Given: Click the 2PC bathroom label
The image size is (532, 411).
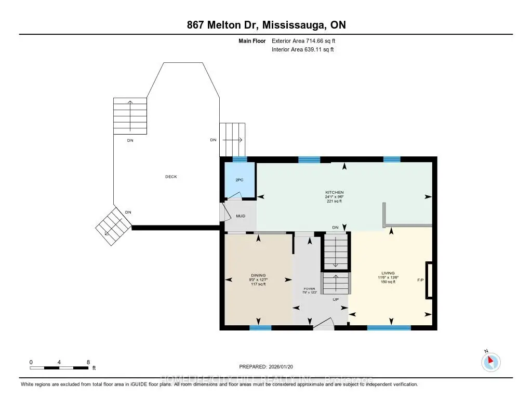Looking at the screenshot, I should pos(239,179).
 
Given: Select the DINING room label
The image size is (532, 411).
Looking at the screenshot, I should pos(258,275).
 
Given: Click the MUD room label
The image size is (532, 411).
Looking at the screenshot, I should pos(241,216).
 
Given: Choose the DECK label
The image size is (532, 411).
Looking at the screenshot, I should pos(171,177).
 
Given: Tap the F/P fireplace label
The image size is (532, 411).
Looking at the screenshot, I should pos(420,281).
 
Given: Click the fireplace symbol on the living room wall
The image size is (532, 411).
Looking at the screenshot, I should pos(429,281).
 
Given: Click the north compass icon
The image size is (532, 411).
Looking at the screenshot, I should pos(491,362).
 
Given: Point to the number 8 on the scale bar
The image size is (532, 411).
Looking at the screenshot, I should pos(88,362).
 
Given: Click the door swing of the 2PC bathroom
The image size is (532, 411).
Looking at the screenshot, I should pos(234,196).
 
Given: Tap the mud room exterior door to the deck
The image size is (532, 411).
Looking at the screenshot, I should pos(224,212).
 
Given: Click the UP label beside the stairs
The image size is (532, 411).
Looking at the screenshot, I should pos(336,300).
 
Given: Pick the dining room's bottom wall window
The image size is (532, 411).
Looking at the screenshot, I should pos(260,328).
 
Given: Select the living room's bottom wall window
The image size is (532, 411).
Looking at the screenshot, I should pos(389,328).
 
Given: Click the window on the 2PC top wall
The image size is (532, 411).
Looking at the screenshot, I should pos(239,160).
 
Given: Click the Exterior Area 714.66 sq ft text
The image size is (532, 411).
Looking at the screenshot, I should pos(307,41).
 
